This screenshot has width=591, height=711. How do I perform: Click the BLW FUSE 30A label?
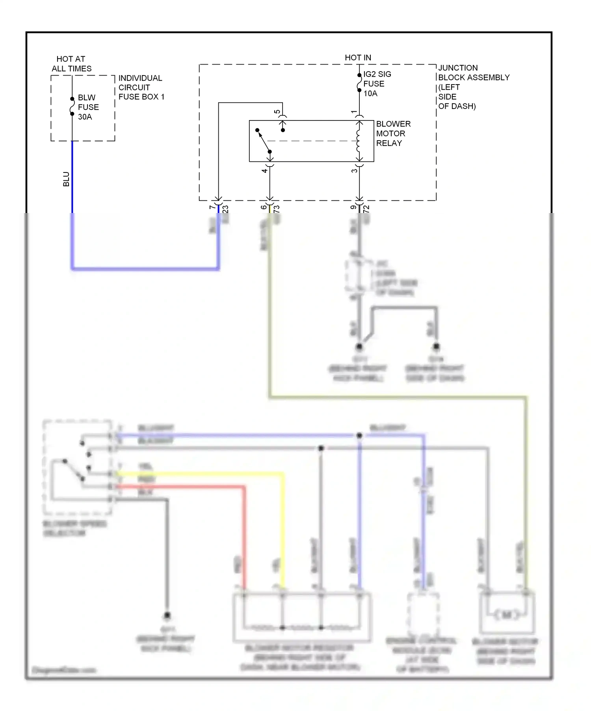(x=88, y=107)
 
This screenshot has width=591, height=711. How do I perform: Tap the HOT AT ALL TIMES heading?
(x=71, y=64)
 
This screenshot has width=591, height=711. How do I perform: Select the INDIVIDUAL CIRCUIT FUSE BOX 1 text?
(x=141, y=87)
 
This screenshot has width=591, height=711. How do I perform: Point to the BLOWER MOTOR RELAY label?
(x=393, y=133)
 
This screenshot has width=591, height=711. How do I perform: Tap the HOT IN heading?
(x=358, y=57)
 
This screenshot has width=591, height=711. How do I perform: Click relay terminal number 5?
(x=277, y=112)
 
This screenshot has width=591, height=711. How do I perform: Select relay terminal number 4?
(x=264, y=170)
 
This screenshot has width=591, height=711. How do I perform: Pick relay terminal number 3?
(x=354, y=170)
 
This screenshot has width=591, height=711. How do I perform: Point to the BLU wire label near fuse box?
(x=66, y=179)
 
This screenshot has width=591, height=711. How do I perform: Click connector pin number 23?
(x=225, y=209)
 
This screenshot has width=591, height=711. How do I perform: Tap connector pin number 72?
(x=366, y=209)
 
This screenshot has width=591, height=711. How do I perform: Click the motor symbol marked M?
(x=507, y=615)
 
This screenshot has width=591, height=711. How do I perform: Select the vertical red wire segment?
(x=244, y=539)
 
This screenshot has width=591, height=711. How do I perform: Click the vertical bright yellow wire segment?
(x=283, y=531)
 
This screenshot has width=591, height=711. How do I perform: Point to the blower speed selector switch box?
(x=77, y=467)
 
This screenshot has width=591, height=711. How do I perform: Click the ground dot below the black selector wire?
(x=167, y=615)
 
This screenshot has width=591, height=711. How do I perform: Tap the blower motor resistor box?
(x=302, y=617)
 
